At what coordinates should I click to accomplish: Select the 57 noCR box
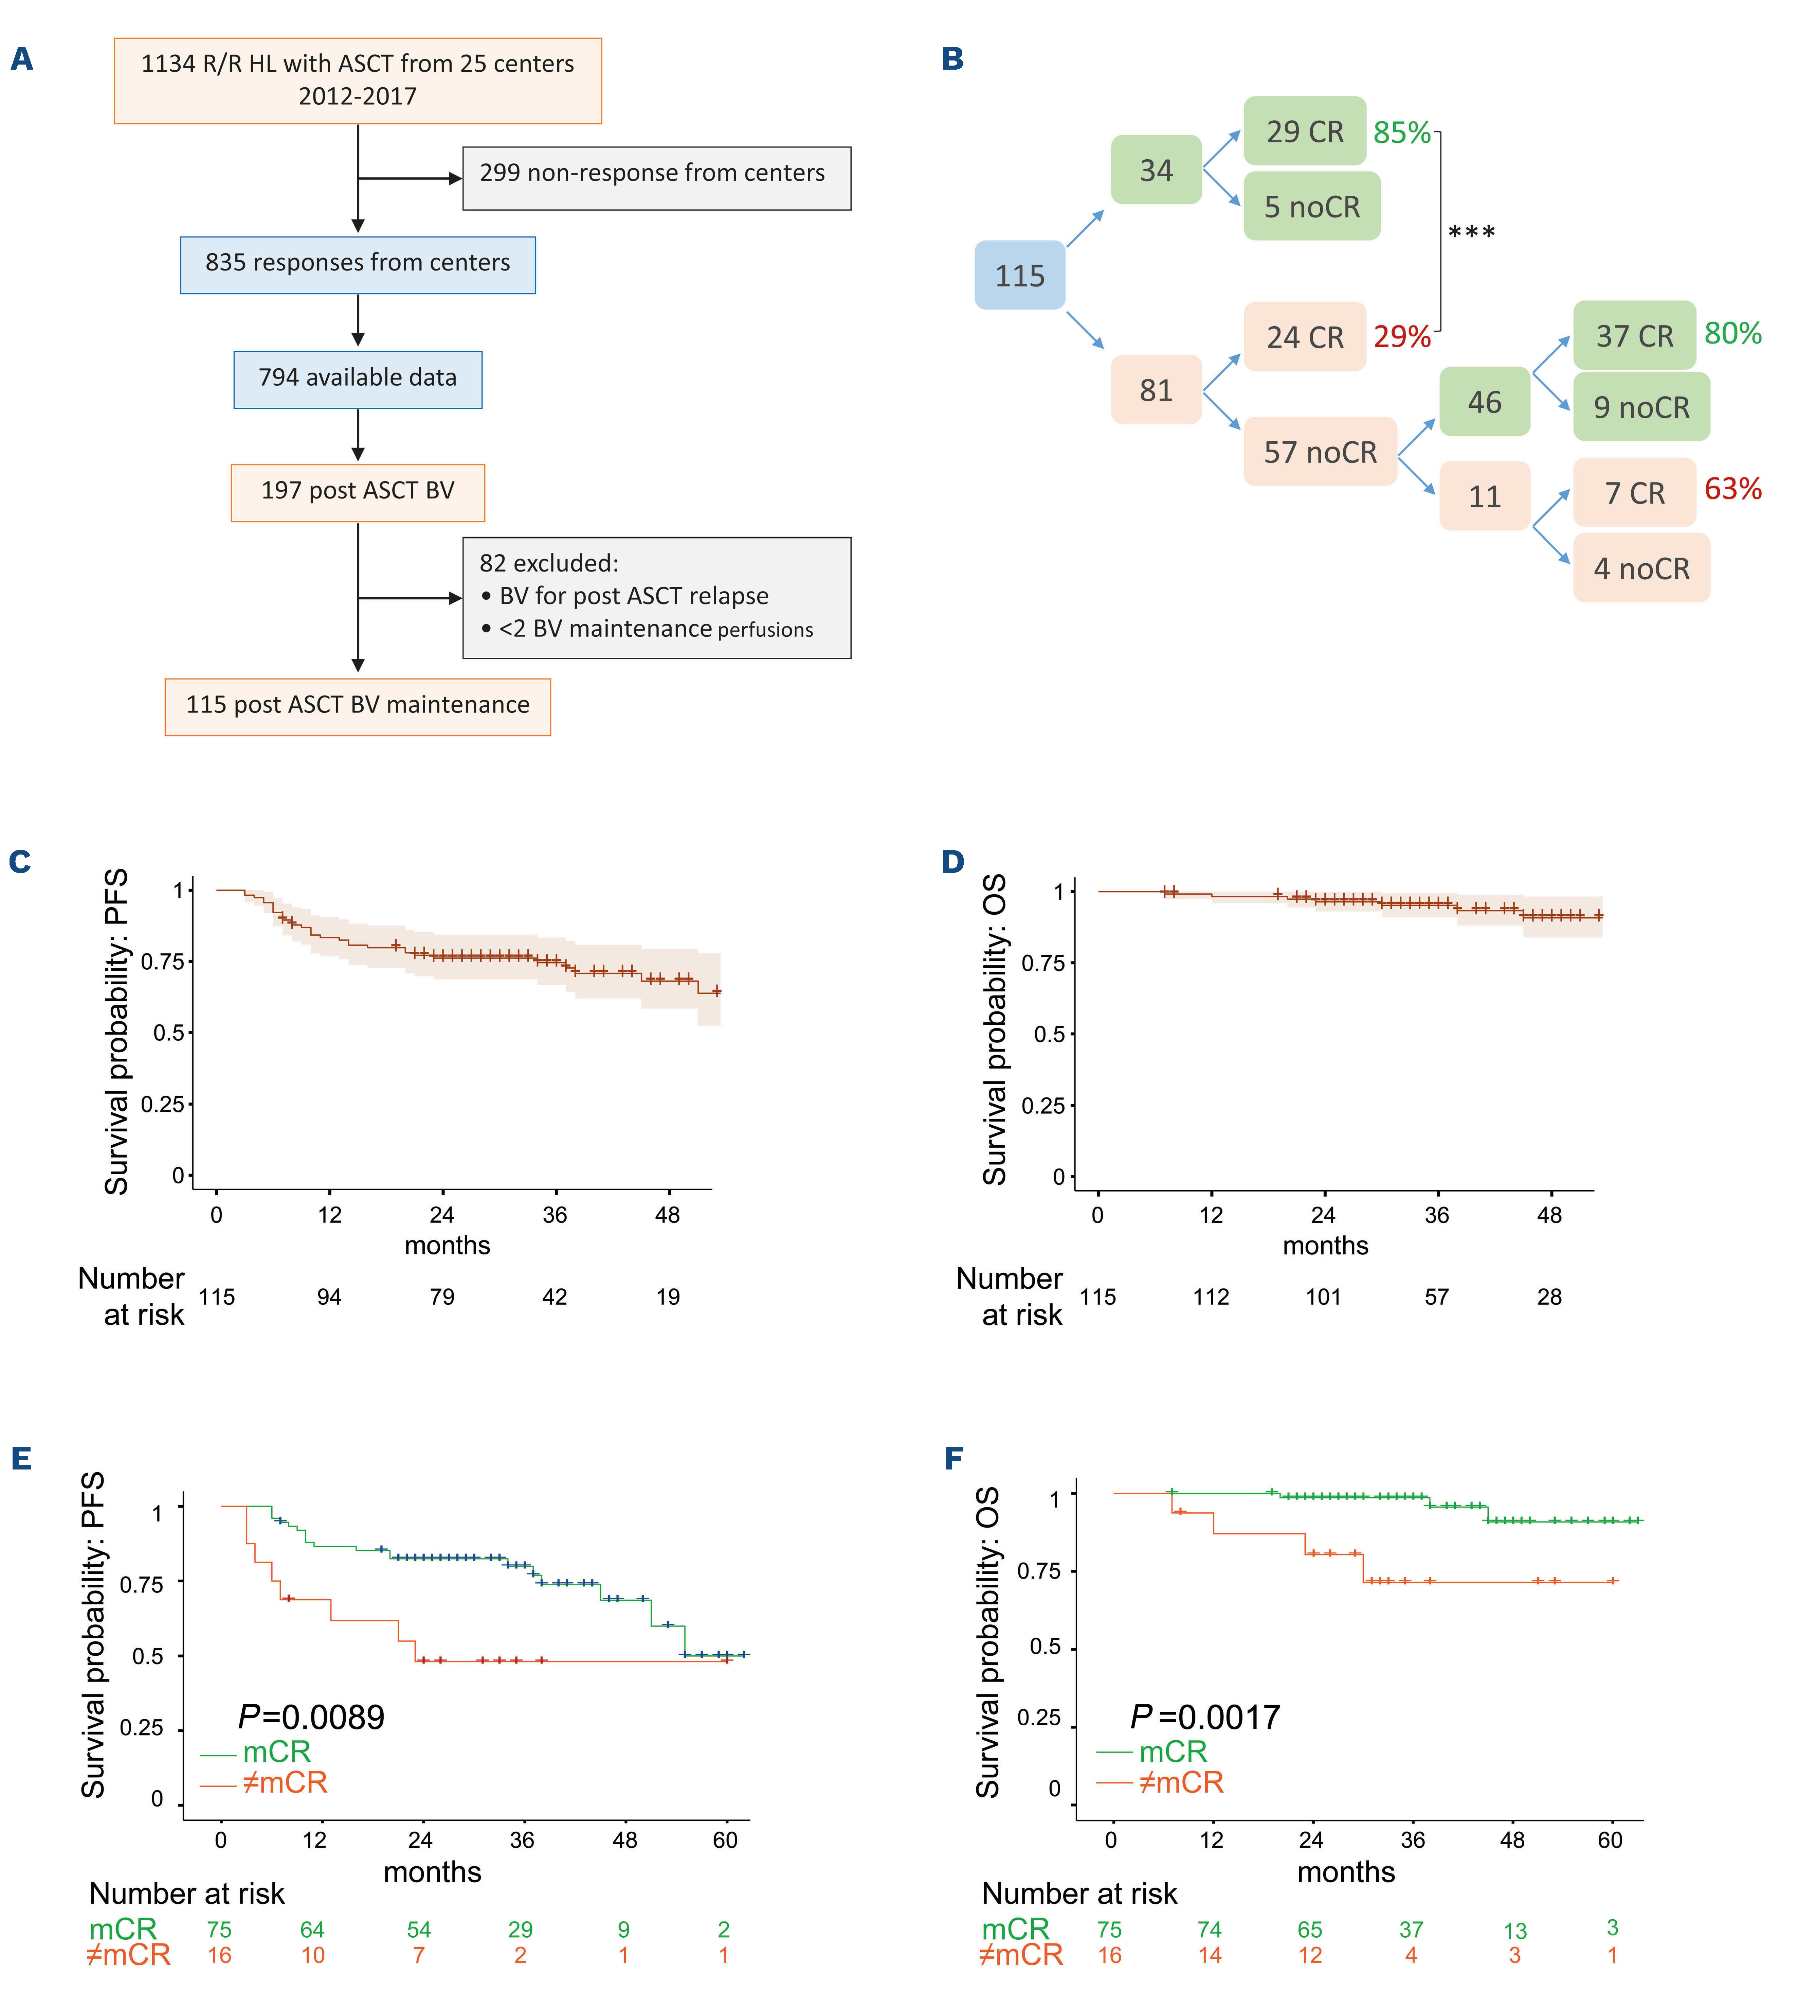1320,452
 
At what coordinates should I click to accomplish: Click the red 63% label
1733,488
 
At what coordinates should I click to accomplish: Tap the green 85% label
1401,132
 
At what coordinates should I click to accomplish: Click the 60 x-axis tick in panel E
725,1840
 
